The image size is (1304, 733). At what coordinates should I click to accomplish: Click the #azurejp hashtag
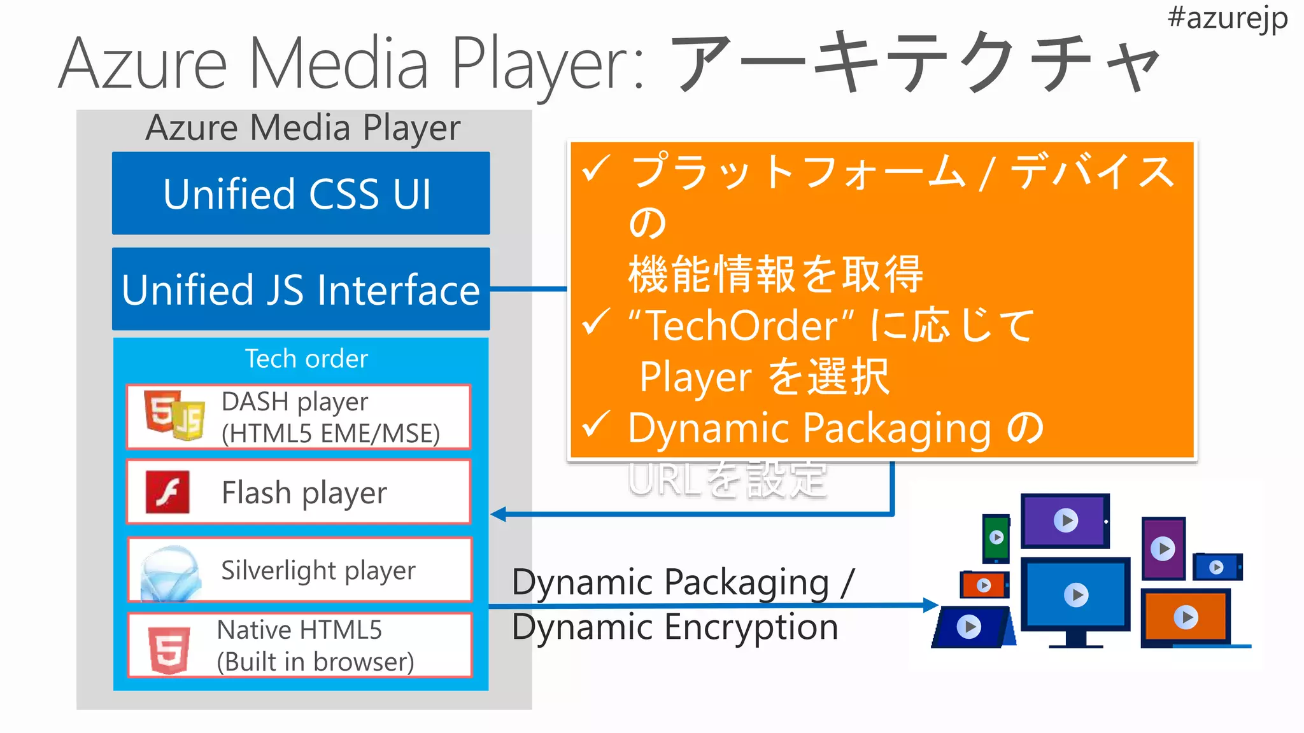(x=1227, y=18)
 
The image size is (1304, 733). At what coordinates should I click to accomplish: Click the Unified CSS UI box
(x=301, y=193)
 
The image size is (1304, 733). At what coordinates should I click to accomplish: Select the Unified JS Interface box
(x=301, y=290)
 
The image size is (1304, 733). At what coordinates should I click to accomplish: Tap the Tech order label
(x=306, y=359)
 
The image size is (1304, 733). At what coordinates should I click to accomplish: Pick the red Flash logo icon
(x=167, y=492)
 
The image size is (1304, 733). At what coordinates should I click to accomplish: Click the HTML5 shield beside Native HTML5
(x=169, y=649)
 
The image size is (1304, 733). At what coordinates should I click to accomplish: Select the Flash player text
(x=304, y=493)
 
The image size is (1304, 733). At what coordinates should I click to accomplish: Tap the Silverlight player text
(x=318, y=570)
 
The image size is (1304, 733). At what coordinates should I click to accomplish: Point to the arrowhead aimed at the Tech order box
(x=499, y=514)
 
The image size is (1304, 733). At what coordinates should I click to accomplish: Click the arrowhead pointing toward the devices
(x=931, y=605)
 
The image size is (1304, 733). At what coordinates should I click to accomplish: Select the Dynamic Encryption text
(x=675, y=627)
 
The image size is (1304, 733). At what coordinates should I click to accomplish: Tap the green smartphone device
(x=996, y=538)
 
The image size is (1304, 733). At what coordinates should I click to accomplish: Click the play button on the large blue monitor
(x=1076, y=596)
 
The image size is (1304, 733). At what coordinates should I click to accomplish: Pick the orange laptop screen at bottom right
(x=1186, y=617)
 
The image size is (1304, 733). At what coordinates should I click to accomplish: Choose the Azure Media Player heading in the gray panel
(x=303, y=128)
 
